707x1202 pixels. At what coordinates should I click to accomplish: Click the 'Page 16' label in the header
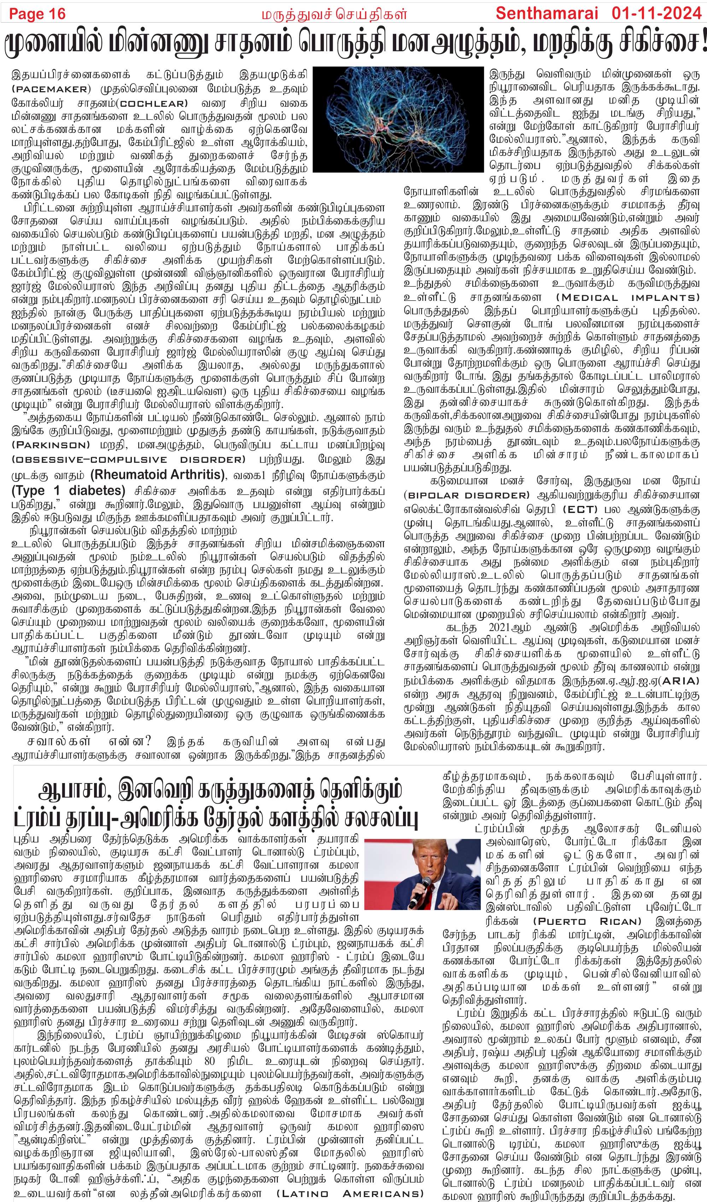click(37, 14)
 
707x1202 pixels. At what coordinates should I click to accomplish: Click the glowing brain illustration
click(398, 119)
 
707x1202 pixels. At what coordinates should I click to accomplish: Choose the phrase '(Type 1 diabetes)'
click(68, 491)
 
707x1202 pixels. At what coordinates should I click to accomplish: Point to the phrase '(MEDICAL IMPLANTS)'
click(627, 298)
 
